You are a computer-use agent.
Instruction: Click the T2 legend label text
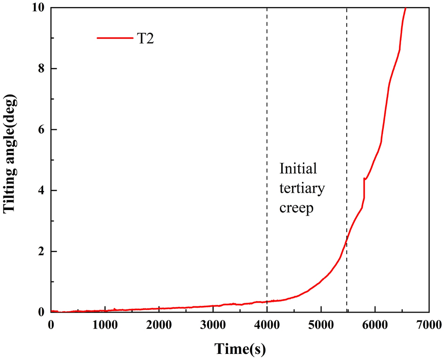(145, 39)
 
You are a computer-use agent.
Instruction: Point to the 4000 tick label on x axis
(267, 324)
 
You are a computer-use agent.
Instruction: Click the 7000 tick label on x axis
(428, 324)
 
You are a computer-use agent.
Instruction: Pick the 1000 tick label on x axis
(105, 324)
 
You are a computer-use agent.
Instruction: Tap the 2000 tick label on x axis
(159, 324)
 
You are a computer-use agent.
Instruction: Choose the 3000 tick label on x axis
(213, 324)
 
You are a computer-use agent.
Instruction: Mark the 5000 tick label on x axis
(321, 324)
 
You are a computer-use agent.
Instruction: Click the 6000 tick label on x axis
(375, 324)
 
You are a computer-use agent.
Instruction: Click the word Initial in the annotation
(299, 168)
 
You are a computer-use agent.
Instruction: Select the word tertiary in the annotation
(302, 188)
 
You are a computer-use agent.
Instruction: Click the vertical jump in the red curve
(364, 188)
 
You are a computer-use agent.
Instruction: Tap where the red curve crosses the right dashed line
(347, 240)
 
